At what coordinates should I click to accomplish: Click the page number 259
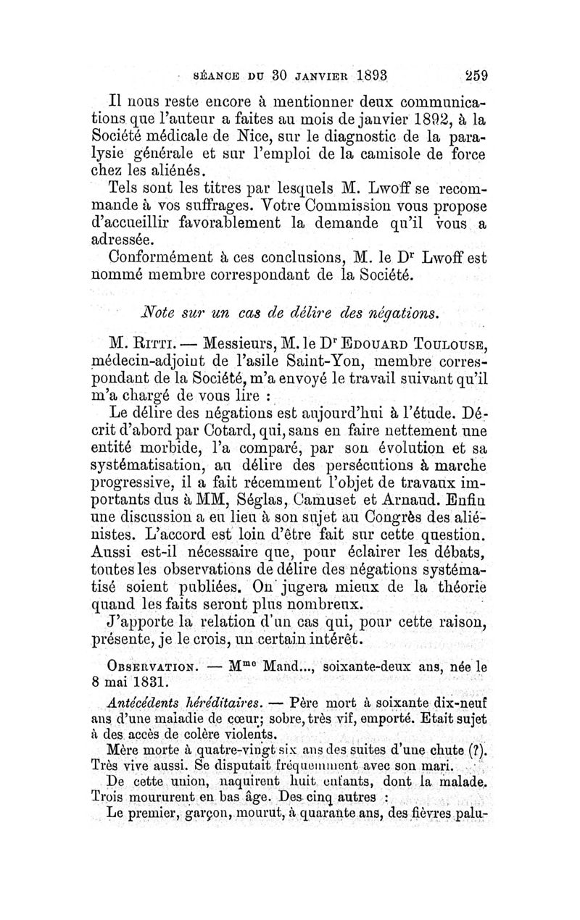[472, 74]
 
